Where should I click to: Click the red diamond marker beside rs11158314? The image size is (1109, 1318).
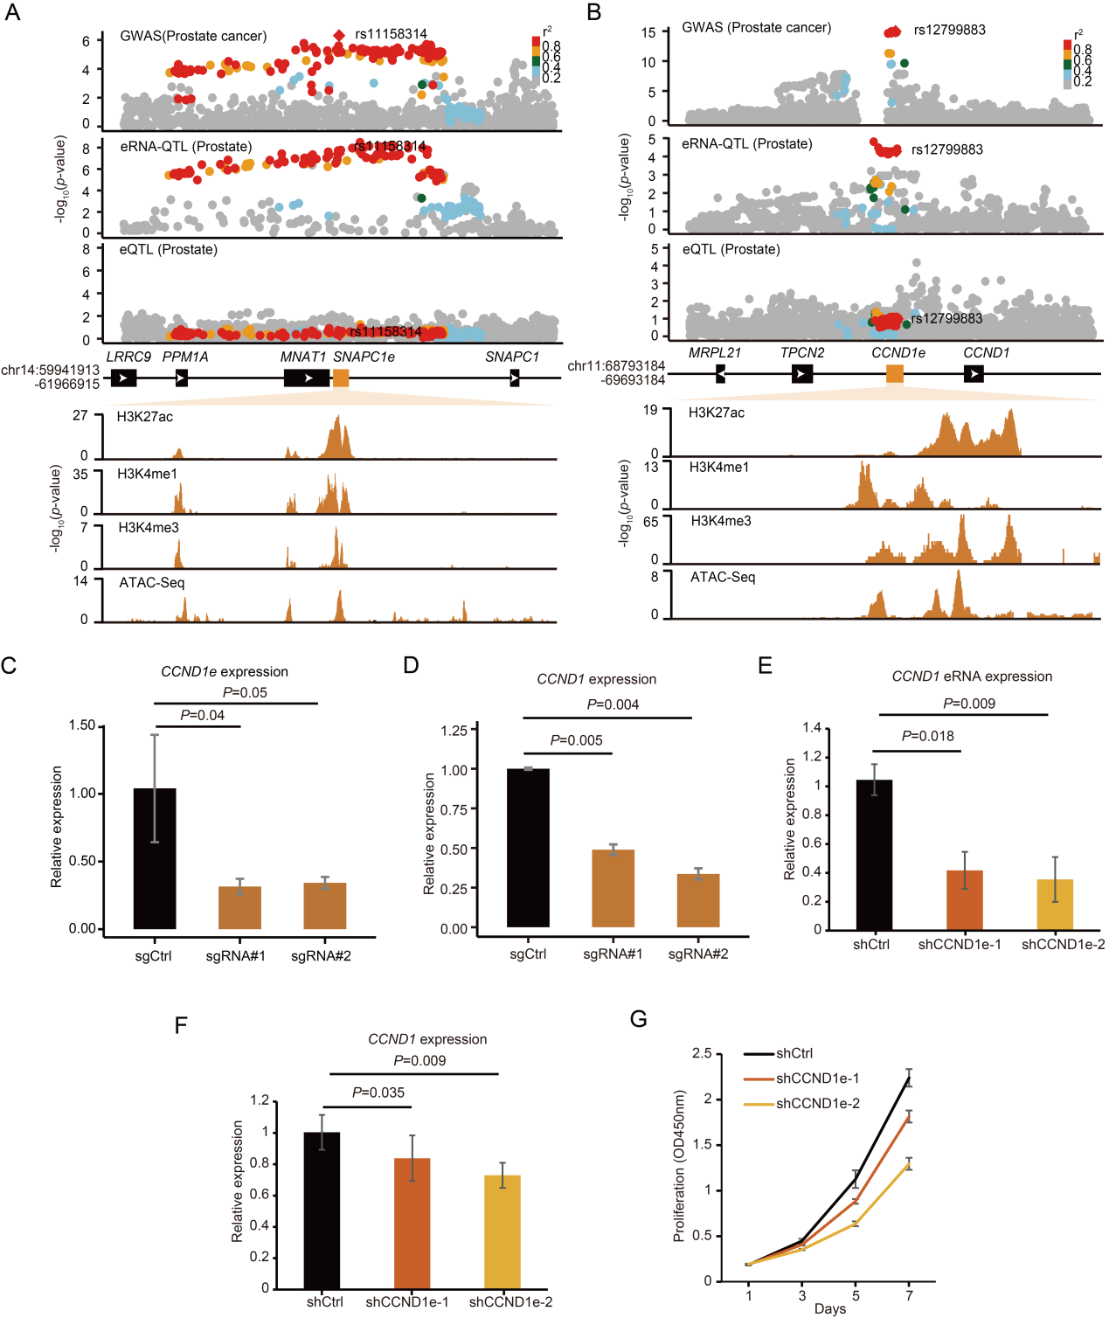(339, 35)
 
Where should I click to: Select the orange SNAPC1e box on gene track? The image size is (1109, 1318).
(341, 378)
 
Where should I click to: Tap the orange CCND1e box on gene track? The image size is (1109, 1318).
(895, 374)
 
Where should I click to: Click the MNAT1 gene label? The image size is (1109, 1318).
(302, 357)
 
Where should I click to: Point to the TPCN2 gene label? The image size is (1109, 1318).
(801, 353)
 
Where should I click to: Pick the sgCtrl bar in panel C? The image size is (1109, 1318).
(155, 858)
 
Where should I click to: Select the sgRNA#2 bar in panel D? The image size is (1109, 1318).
(698, 900)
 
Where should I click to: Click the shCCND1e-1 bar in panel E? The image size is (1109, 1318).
(964, 899)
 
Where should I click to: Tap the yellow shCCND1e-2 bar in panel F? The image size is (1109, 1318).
(503, 1231)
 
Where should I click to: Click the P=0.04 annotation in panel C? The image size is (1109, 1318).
(203, 715)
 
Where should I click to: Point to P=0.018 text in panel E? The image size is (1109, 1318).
(928, 736)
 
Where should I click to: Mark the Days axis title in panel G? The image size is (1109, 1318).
(829, 1308)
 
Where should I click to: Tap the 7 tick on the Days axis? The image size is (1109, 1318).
(909, 1295)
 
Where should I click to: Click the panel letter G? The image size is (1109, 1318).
(639, 1020)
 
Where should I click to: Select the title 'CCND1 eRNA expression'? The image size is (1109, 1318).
(972, 676)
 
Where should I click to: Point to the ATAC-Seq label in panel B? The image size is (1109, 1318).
(723, 577)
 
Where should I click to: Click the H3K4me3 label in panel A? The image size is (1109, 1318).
(149, 528)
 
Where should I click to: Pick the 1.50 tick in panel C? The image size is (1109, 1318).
(82, 725)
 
